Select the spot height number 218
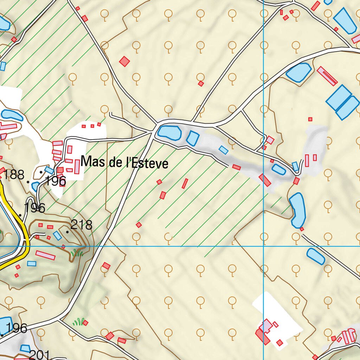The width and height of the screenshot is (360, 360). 81,225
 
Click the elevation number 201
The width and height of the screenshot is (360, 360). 39,355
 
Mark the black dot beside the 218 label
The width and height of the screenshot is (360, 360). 67,232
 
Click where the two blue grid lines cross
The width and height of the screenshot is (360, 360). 263,246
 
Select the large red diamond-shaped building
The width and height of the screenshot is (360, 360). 124,62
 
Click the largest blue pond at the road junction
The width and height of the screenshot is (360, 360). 169,133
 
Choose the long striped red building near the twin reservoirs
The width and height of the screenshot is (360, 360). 327,76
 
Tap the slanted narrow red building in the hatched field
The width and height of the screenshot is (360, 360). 185,183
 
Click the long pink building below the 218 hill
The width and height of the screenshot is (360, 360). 45,255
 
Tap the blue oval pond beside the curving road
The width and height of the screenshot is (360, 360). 298,72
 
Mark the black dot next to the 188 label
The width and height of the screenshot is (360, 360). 28,182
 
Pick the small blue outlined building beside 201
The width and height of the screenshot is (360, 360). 25,348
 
